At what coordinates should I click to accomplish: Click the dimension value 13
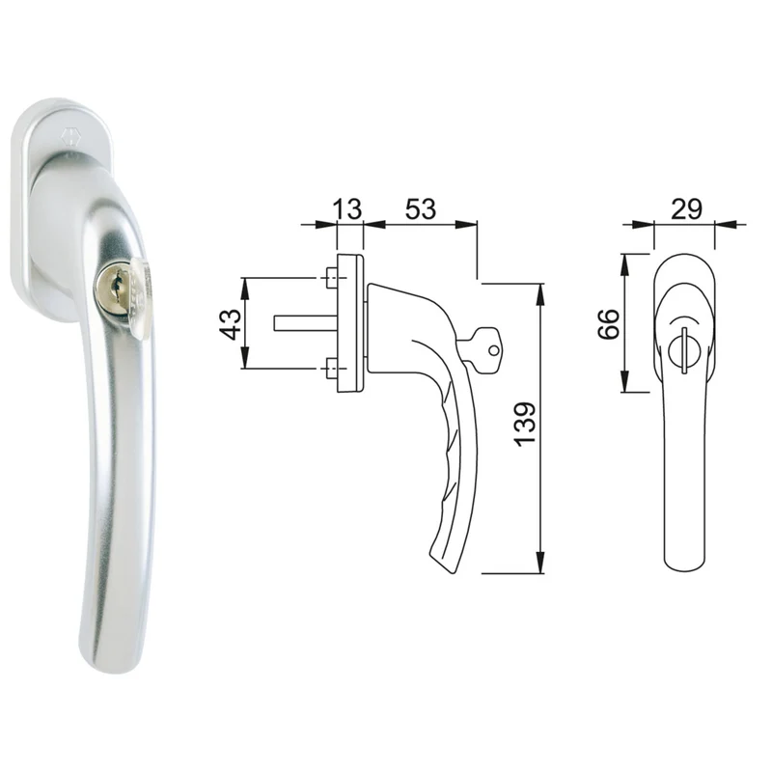pos(347,208)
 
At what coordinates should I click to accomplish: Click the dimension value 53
pos(421,208)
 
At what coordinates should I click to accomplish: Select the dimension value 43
pos(231,324)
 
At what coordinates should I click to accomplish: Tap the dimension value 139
pos(525,425)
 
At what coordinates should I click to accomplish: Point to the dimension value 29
pos(686,209)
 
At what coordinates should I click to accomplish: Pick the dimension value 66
pos(609,324)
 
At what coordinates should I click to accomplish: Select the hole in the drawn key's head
pos(493,351)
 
